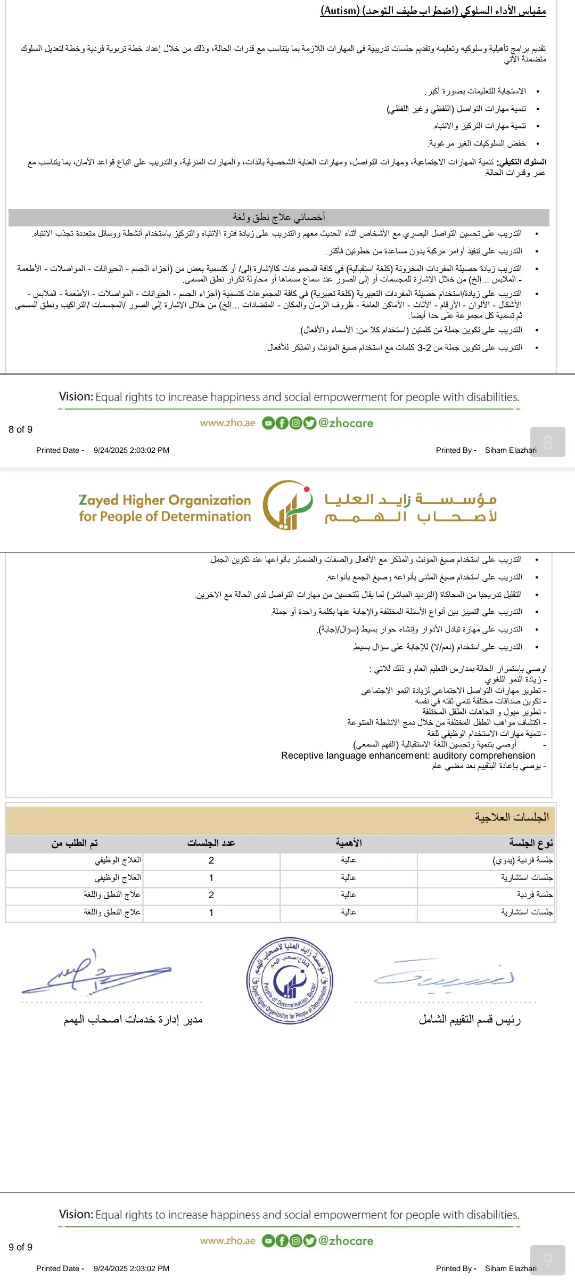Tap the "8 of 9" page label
coord(20,429)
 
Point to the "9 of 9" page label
coord(20,1247)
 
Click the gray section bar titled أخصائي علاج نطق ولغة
coord(278,217)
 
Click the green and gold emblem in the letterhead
coord(287,505)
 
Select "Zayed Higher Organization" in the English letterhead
coord(165,500)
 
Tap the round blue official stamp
coord(290,981)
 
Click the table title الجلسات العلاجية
coord(512,817)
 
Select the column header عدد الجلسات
coord(211,843)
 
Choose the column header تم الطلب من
coord(75,843)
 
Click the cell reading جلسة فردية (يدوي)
coord(522,860)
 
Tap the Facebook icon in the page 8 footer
coord(282,423)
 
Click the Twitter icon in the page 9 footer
coord(310,1241)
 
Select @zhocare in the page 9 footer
coord(346,1241)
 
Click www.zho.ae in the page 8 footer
coord(228,423)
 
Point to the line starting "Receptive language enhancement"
coord(408,755)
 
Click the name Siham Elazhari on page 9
coord(511,1268)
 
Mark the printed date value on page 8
coord(132,450)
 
